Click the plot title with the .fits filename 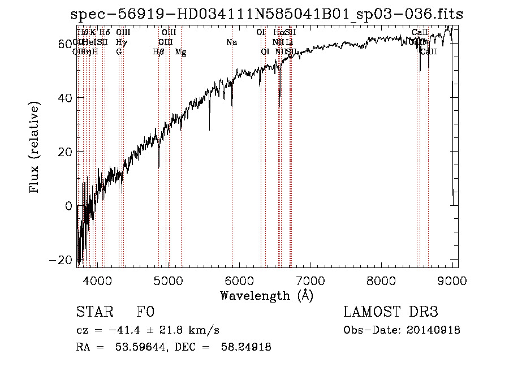(269, 14)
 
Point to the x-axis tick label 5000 (169, 280)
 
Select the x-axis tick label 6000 (239, 280)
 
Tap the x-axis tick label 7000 (310, 280)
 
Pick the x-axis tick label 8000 (382, 280)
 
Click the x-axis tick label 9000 (452, 280)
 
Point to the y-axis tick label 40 (65, 98)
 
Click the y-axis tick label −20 (61, 260)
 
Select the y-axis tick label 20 (65, 152)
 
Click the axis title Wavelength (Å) (266, 295)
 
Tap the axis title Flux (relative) (35, 149)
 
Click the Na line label (232, 42)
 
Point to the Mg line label (180, 52)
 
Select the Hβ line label (158, 52)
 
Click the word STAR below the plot (95, 312)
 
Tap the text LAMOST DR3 (391, 312)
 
